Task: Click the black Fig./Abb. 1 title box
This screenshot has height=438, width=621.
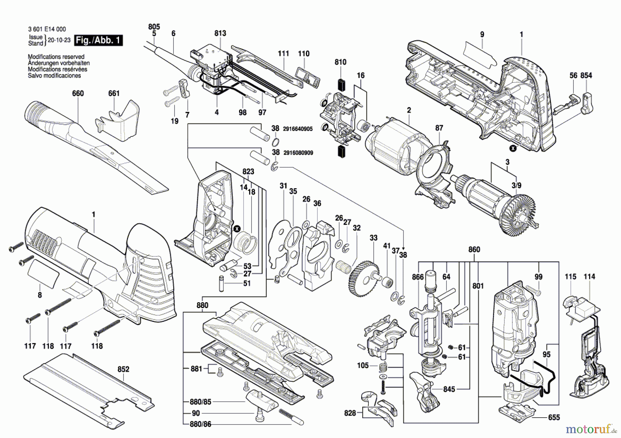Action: pyautogui.click(x=99, y=40)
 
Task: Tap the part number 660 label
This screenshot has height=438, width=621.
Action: pyautogui.click(x=78, y=93)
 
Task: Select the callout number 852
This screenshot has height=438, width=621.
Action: pyautogui.click(x=123, y=369)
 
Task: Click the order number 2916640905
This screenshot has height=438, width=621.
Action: pyautogui.click(x=298, y=129)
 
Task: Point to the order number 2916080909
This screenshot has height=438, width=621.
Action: pyautogui.click(x=298, y=153)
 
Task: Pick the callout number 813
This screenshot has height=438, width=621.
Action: pyautogui.click(x=220, y=33)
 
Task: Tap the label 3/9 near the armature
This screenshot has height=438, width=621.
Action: pyautogui.click(x=516, y=185)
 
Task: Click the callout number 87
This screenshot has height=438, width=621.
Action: pyautogui.click(x=439, y=128)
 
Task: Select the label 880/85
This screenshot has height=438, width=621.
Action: pyautogui.click(x=200, y=401)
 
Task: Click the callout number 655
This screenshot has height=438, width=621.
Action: pyautogui.click(x=554, y=417)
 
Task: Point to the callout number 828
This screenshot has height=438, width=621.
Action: pyautogui.click(x=350, y=413)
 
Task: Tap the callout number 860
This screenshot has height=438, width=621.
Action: pyautogui.click(x=474, y=249)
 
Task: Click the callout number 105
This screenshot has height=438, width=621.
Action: pyautogui.click(x=363, y=365)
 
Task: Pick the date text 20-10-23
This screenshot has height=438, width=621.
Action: pyautogui.click(x=59, y=40)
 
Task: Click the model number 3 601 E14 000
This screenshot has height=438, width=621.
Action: pyautogui.click(x=47, y=29)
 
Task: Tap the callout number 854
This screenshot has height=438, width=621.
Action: pyautogui.click(x=586, y=75)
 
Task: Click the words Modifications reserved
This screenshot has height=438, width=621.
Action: pyautogui.click(x=56, y=57)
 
